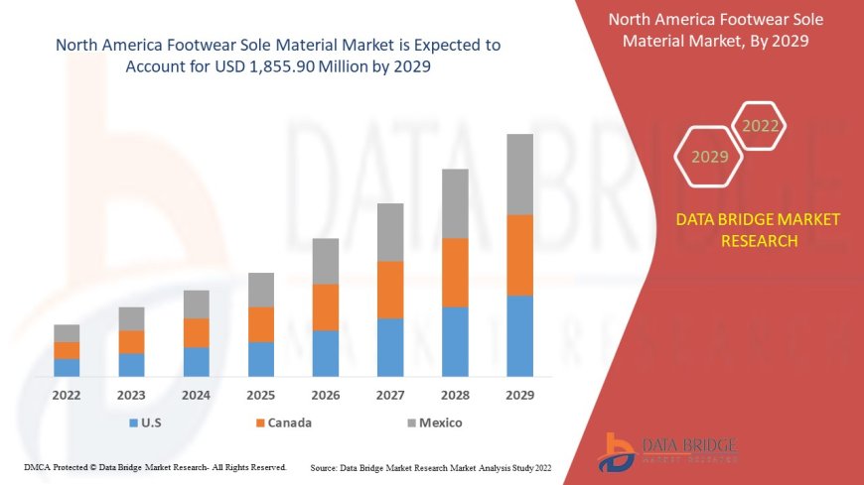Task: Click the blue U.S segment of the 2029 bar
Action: (x=519, y=336)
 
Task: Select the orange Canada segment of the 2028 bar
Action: (x=455, y=273)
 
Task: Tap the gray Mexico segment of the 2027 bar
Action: (x=390, y=232)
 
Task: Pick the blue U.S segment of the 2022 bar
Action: (x=67, y=367)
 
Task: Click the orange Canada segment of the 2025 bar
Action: (x=261, y=324)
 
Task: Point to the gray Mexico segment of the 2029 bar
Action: (x=519, y=175)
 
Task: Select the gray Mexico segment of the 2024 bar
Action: (x=197, y=304)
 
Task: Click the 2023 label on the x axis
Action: (x=131, y=395)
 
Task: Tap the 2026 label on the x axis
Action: (x=326, y=395)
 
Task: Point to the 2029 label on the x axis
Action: (x=519, y=395)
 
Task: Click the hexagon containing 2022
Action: (x=761, y=126)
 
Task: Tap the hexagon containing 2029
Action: (x=709, y=157)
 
